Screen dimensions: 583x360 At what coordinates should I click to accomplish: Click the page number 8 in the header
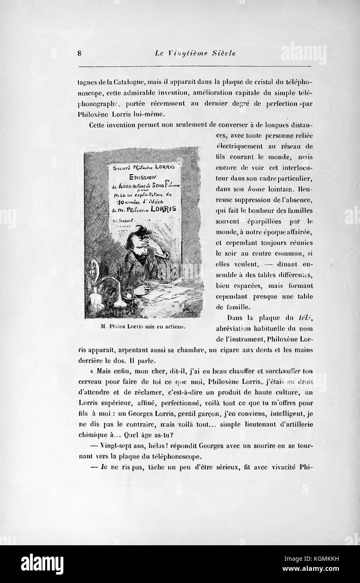coord(79,53)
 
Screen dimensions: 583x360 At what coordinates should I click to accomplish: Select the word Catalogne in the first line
coord(126,82)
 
